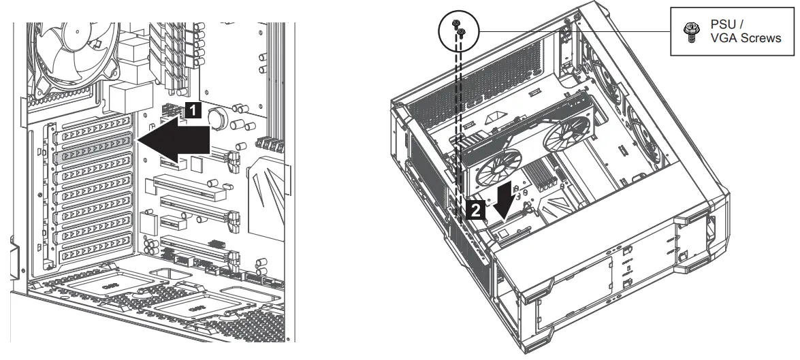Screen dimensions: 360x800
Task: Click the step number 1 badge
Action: (x=193, y=108)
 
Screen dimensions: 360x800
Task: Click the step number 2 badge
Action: (x=478, y=211)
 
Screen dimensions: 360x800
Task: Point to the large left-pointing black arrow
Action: (x=174, y=140)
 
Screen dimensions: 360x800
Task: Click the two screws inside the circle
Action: (x=459, y=29)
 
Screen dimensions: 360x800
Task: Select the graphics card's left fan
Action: (x=502, y=166)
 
